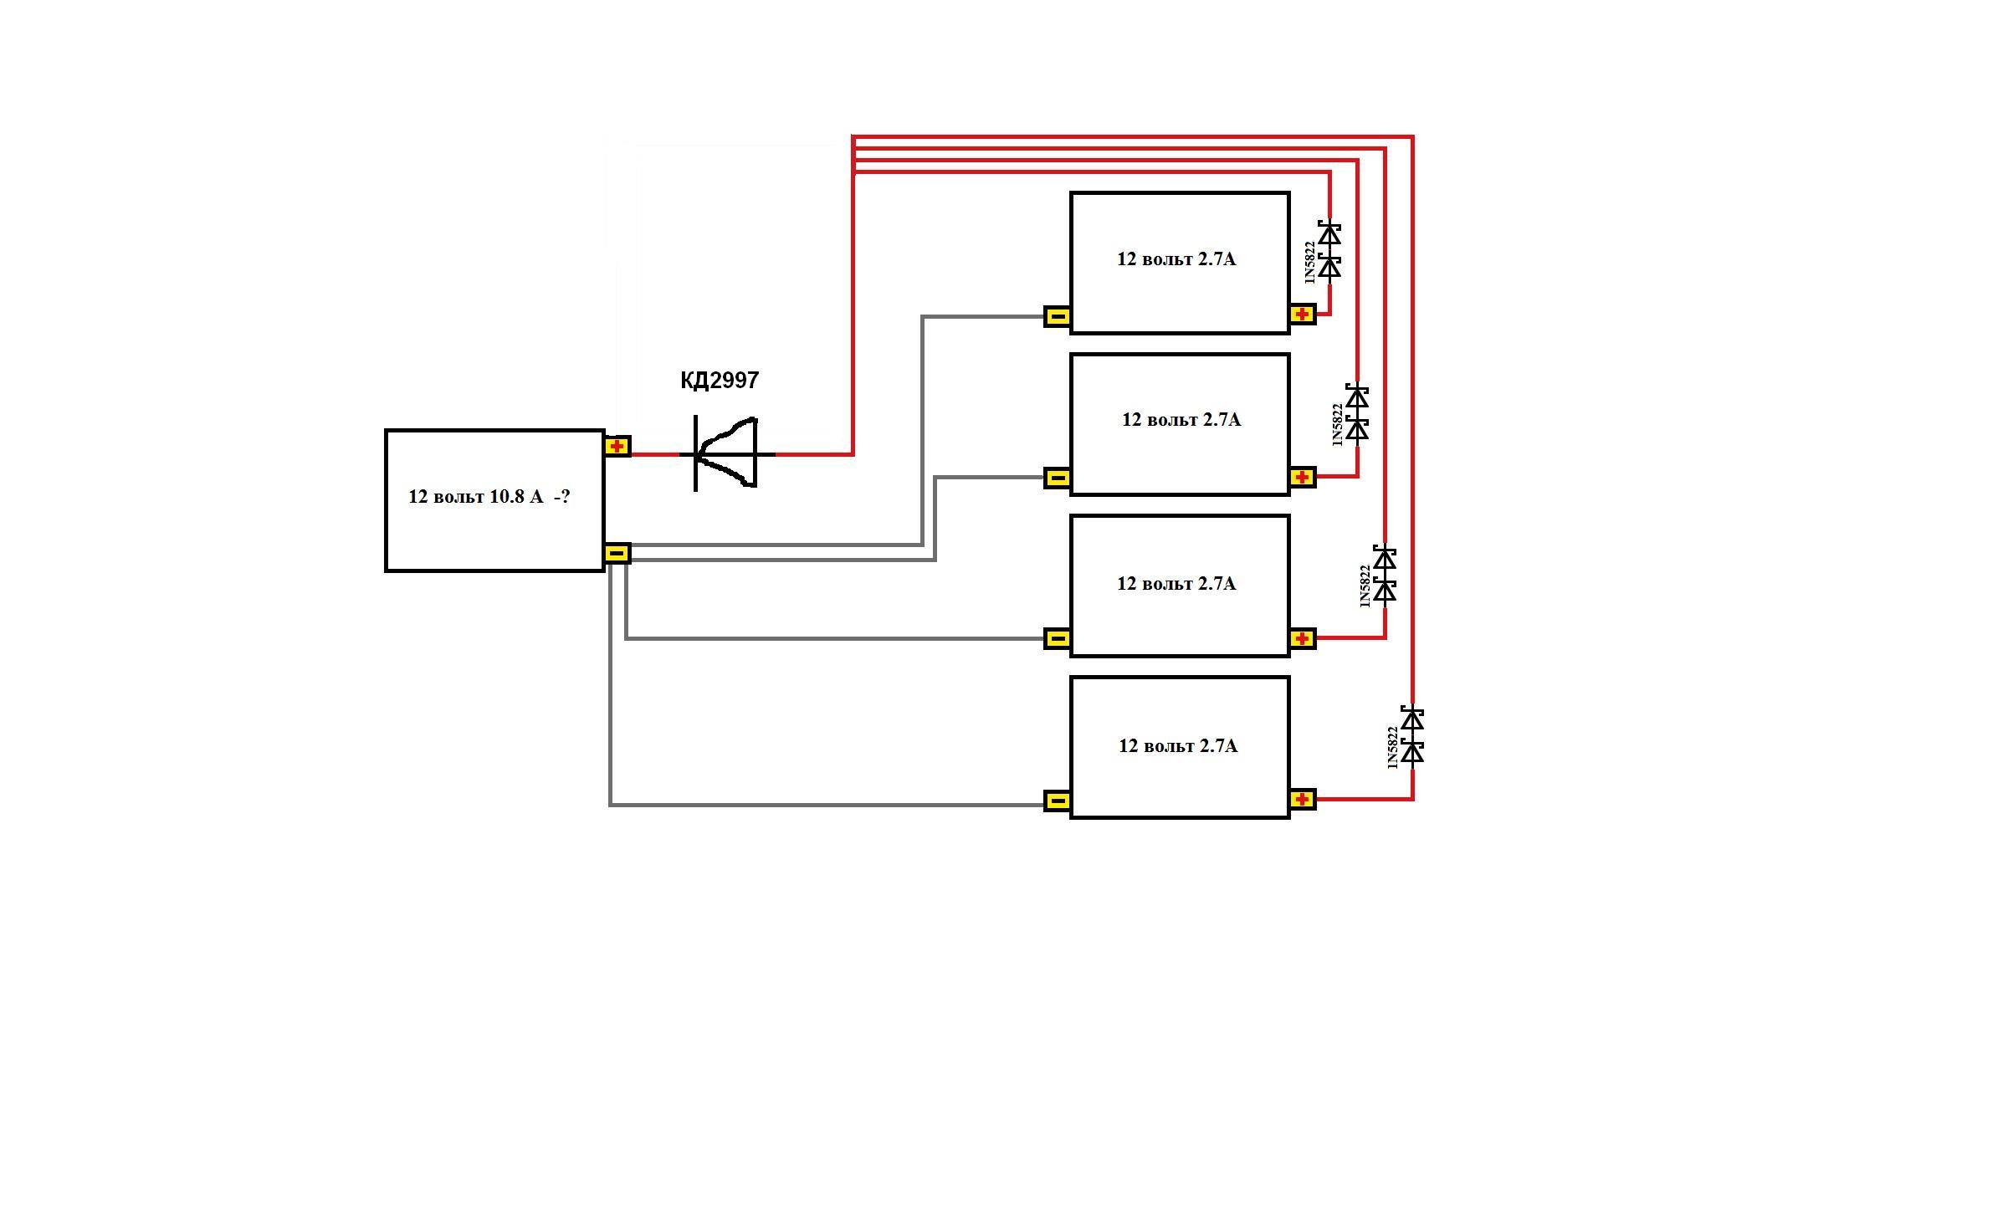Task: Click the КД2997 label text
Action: coord(720,381)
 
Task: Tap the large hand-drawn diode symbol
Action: coord(726,453)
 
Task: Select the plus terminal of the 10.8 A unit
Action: coord(617,446)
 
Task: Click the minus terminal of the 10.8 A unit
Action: coord(617,553)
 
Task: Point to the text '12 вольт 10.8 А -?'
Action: coord(489,497)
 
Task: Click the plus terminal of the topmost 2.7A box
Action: coord(1302,315)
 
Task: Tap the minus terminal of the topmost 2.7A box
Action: coord(1058,316)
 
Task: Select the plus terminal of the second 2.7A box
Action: coord(1302,478)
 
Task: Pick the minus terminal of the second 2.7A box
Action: coord(1058,478)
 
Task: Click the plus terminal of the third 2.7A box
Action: coord(1302,639)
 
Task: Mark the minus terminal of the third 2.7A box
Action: coord(1058,639)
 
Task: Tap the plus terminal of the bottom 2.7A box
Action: coord(1302,800)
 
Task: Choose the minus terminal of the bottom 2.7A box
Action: coord(1058,801)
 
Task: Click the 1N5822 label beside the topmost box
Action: coord(1310,262)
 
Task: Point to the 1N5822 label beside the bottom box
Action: coord(1393,748)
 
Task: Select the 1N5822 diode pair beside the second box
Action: coord(1357,412)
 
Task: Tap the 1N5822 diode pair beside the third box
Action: coord(1385,575)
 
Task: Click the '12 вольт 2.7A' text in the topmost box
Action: coord(1176,259)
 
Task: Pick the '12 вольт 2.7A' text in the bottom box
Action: coord(1178,746)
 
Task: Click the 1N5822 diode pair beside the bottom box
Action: coord(1412,736)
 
